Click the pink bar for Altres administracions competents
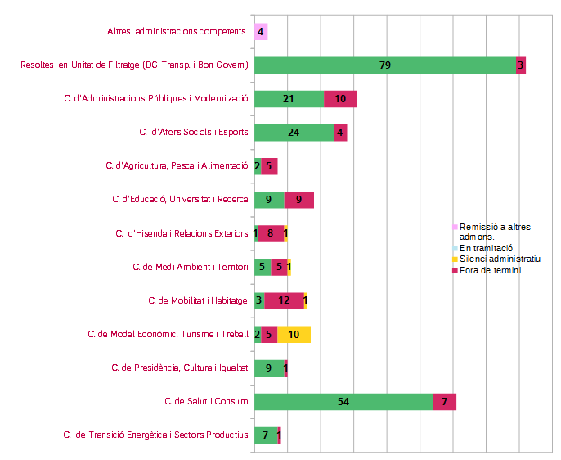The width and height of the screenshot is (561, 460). (x=261, y=32)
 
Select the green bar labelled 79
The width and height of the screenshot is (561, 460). (x=385, y=65)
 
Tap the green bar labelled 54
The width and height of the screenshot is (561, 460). (x=343, y=401)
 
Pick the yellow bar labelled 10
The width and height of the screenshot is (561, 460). (x=294, y=334)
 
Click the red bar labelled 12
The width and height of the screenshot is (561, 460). (x=284, y=300)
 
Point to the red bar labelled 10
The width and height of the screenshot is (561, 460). (x=340, y=99)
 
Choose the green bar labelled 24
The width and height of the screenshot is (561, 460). (x=294, y=133)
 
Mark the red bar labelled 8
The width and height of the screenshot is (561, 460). (x=271, y=233)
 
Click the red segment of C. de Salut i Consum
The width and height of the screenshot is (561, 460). (x=444, y=401)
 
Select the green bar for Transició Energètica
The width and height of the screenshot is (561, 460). (x=266, y=435)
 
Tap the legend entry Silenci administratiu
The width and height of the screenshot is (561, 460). (x=500, y=259)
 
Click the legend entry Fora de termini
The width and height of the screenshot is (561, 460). (x=491, y=270)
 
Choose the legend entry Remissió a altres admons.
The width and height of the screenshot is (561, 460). (x=496, y=231)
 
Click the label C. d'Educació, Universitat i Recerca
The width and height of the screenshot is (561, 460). (x=180, y=199)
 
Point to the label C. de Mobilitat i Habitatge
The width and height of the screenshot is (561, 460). (x=198, y=300)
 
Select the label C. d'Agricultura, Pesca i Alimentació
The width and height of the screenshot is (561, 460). (x=177, y=165)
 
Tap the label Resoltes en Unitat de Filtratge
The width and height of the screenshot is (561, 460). (x=134, y=65)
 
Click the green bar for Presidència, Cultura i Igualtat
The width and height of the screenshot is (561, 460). (x=269, y=368)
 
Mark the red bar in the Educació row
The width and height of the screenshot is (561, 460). (x=298, y=200)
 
